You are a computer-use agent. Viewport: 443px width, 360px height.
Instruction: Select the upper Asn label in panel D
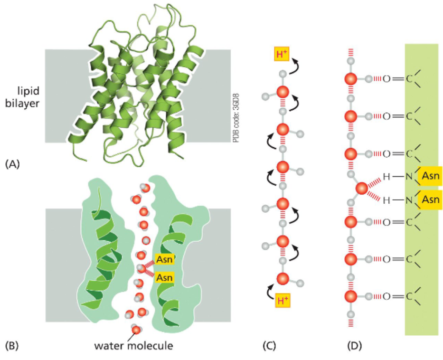click(431, 177)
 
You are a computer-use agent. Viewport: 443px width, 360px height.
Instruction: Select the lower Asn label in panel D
click(431, 199)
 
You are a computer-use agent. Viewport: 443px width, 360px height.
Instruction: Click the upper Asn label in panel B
click(163, 260)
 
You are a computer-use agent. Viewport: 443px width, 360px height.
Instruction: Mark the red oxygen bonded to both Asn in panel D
click(362, 188)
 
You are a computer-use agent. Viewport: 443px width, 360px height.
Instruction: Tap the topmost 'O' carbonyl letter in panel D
click(386, 78)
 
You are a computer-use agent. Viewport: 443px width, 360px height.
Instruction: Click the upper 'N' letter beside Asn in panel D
click(408, 177)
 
